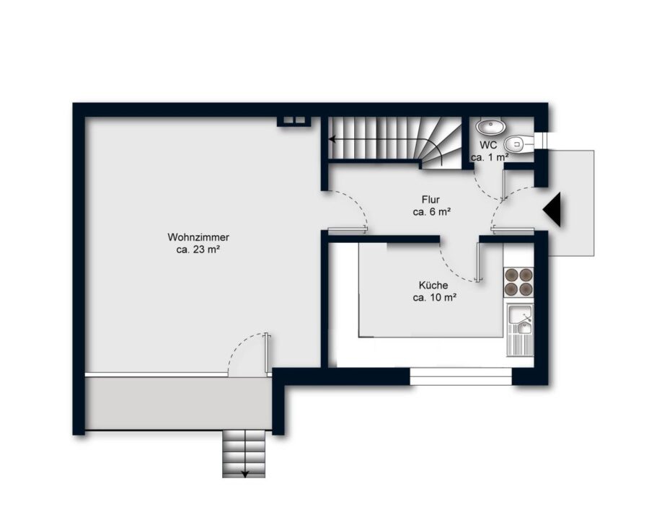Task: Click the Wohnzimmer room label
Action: coord(198,237)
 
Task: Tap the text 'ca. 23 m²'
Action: coord(198,250)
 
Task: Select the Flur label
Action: coord(431,200)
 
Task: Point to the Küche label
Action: coord(433,285)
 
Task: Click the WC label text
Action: coord(488,145)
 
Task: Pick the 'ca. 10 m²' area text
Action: coord(435,298)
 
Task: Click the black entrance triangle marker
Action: coord(552,209)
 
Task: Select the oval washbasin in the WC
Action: coord(490,126)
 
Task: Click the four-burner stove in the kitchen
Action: coord(518,282)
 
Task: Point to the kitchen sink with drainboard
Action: coord(520,330)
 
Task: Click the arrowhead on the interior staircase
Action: coord(332,139)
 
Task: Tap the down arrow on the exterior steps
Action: coord(244,474)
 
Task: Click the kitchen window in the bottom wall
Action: coord(461,376)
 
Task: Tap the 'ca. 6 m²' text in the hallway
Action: coord(431,212)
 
